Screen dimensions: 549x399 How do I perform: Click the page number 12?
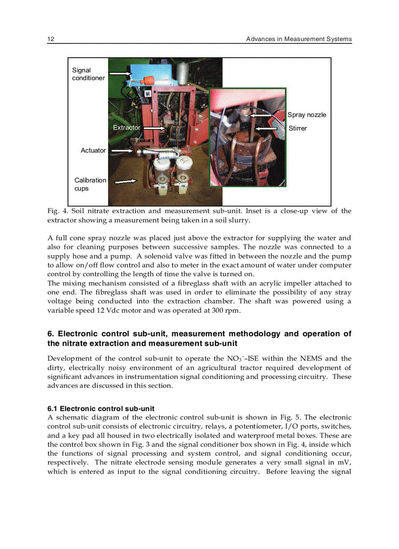[x=50, y=39]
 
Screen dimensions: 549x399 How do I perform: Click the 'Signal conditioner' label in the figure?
[x=88, y=74]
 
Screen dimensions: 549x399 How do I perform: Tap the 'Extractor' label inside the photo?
[x=126, y=128]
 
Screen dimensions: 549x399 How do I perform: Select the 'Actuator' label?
[x=93, y=151]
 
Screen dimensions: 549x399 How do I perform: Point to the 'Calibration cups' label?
[x=89, y=184]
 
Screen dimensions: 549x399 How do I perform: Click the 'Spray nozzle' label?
[x=306, y=115]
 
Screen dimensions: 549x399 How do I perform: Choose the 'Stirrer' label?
[x=298, y=129]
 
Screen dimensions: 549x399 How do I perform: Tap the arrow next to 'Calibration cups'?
[x=125, y=181]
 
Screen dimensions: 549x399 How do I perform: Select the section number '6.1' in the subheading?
[x=53, y=409]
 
